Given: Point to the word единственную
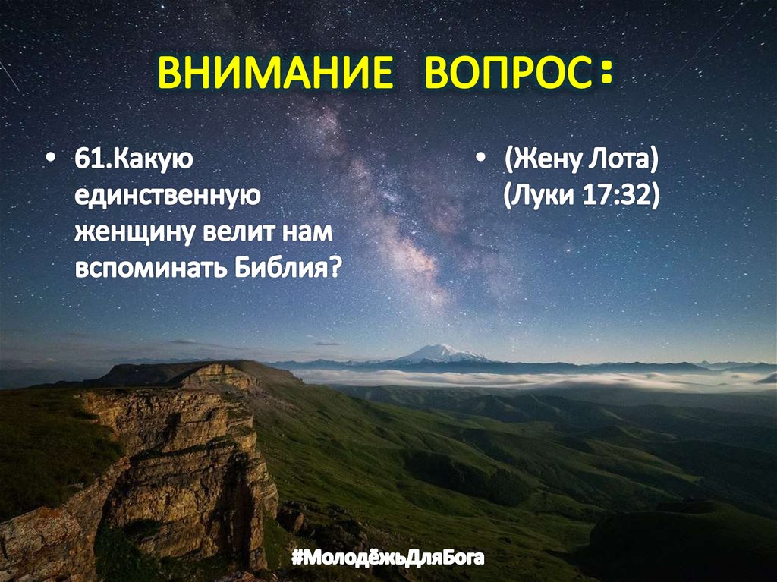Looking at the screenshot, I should click(x=167, y=197).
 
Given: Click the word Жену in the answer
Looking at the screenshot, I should click(x=544, y=161).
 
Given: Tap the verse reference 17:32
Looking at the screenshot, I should click(x=621, y=197).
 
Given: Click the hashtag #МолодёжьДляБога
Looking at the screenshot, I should click(x=388, y=559).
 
